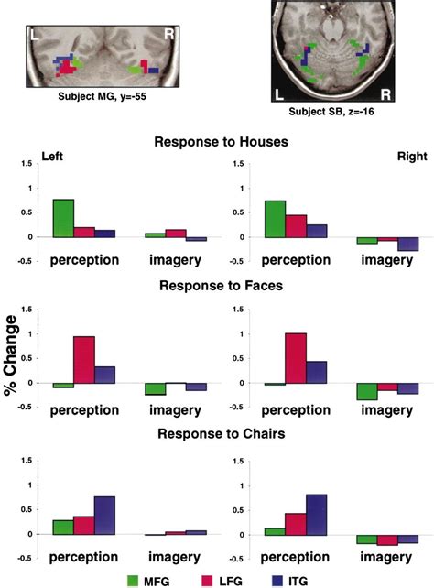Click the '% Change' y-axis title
[x=13, y=356]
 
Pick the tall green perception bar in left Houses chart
[x=63, y=218]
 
